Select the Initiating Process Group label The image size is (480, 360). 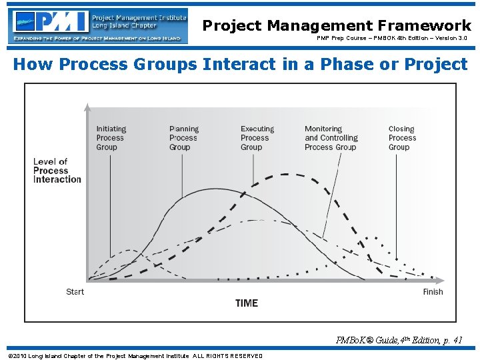pos(111,138)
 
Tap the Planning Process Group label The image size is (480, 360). pos(184,138)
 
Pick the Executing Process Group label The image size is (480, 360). pos(257,138)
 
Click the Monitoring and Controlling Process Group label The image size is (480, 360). pos(331,138)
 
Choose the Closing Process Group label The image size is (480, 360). pos(402,138)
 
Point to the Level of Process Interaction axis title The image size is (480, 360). pos(57,171)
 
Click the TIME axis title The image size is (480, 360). pos(246,303)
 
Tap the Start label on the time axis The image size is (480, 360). pos(75,292)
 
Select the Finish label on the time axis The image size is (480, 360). pos(433,292)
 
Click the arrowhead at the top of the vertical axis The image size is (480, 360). pos(87,106)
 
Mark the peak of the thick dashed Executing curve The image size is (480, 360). pos(287,175)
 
